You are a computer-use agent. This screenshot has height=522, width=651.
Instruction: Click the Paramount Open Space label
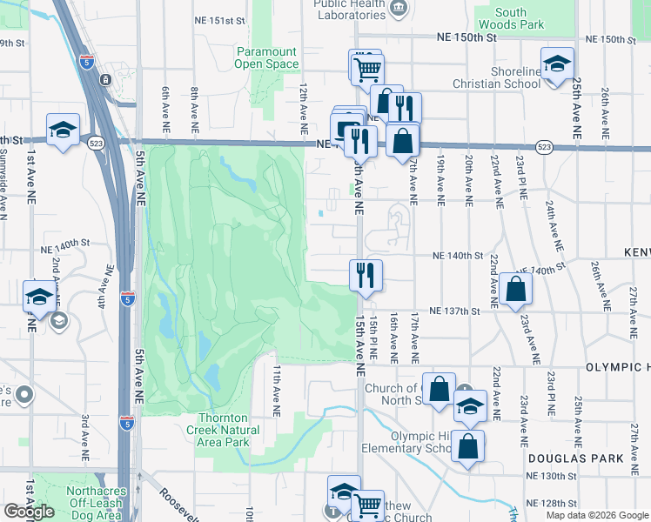click(266, 57)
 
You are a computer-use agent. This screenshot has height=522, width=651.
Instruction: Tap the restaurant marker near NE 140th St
click(366, 275)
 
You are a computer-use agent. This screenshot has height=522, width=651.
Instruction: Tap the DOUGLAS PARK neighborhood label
click(575, 458)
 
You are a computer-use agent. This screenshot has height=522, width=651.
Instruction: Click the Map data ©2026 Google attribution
click(598, 515)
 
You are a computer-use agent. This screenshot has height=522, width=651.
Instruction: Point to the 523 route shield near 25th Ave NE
click(544, 147)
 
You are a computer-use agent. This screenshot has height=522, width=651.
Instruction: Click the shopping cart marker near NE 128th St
click(367, 505)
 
